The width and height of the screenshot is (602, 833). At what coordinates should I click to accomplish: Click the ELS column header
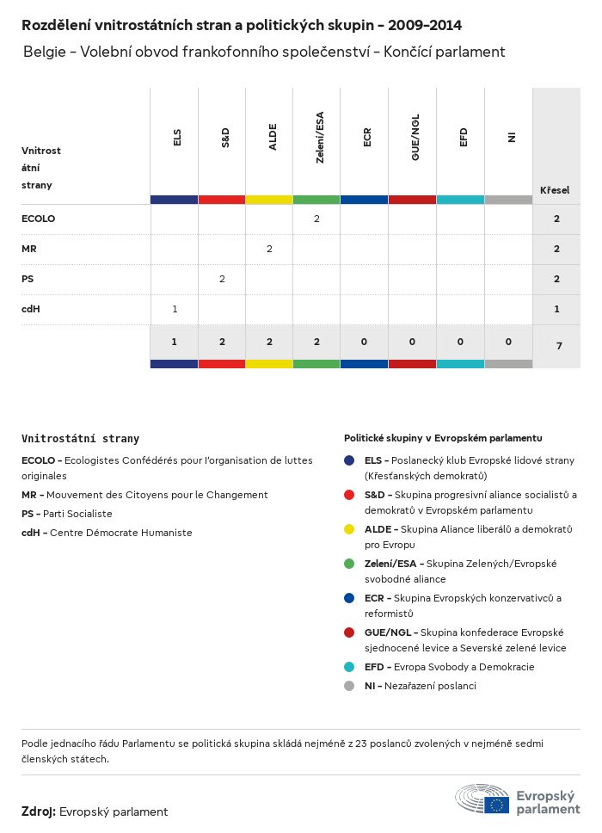[176, 138]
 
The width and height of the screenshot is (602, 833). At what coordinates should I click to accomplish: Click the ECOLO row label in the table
[38, 219]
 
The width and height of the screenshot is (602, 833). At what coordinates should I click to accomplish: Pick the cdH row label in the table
[30, 309]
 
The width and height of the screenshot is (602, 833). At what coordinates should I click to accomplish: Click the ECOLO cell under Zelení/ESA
[316, 219]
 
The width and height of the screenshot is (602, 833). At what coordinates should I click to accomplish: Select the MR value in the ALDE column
[269, 249]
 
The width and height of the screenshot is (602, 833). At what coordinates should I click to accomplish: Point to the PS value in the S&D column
[222, 279]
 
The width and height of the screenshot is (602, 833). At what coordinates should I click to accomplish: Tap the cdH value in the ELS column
[175, 309]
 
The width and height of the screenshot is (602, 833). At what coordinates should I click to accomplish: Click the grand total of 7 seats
[556, 346]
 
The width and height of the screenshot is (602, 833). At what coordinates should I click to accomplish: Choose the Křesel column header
[555, 189]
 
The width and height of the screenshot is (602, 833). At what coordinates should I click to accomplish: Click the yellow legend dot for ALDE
[349, 529]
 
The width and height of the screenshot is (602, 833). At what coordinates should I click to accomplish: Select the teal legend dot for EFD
[349, 667]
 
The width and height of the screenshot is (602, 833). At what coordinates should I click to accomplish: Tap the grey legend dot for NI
[349, 686]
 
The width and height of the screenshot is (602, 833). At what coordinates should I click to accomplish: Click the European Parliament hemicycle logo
[482, 799]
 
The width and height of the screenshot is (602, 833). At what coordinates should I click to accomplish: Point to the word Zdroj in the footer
[39, 811]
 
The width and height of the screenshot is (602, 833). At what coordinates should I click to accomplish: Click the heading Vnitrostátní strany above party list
[80, 438]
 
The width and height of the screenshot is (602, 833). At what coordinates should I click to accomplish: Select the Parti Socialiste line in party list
[67, 514]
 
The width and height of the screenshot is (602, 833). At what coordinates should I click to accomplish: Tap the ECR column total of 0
[364, 342]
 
